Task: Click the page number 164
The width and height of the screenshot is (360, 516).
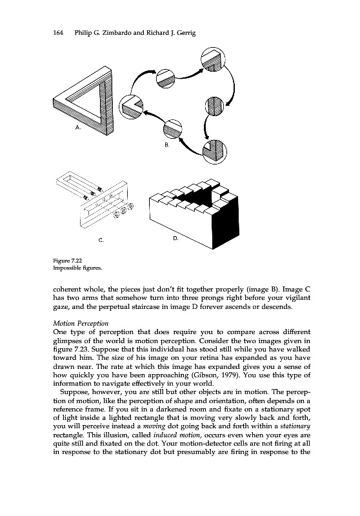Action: (x=58, y=33)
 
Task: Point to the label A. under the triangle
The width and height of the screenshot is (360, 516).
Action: (x=78, y=127)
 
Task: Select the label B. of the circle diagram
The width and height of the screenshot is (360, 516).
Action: (x=167, y=144)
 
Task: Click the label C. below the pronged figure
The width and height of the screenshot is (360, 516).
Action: (x=101, y=240)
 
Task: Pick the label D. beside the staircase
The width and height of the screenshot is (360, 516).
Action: (x=175, y=238)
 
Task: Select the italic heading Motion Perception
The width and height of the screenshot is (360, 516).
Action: (x=81, y=323)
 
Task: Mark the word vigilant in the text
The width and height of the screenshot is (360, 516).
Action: (x=297, y=298)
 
